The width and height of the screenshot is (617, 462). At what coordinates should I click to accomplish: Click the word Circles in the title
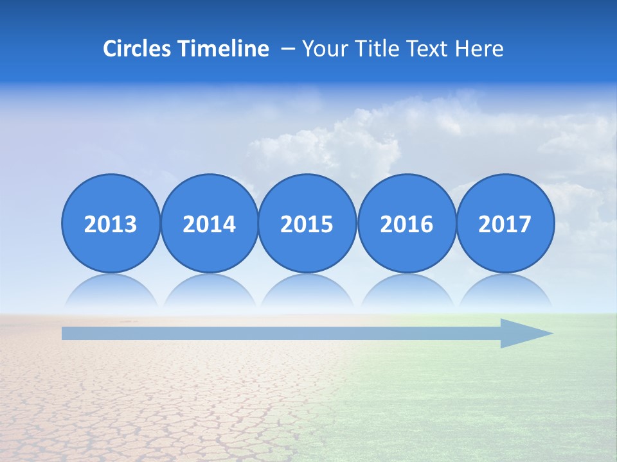click(x=138, y=49)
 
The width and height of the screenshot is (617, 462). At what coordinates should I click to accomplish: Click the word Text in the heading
click(x=425, y=49)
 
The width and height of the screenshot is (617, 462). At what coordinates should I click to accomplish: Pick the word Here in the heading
click(x=479, y=49)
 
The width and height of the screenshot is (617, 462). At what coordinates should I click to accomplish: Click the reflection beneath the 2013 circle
click(x=111, y=292)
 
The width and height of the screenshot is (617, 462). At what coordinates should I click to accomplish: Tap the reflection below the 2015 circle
click(x=307, y=292)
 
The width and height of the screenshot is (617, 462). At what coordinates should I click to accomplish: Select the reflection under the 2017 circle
click(x=505, y=292)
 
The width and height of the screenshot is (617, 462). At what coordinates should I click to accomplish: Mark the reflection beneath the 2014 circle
click(x=209, y=292)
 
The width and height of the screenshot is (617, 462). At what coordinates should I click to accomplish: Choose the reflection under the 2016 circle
click(x=407, y=292)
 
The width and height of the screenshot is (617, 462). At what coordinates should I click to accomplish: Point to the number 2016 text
click(x=407, y=225)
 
